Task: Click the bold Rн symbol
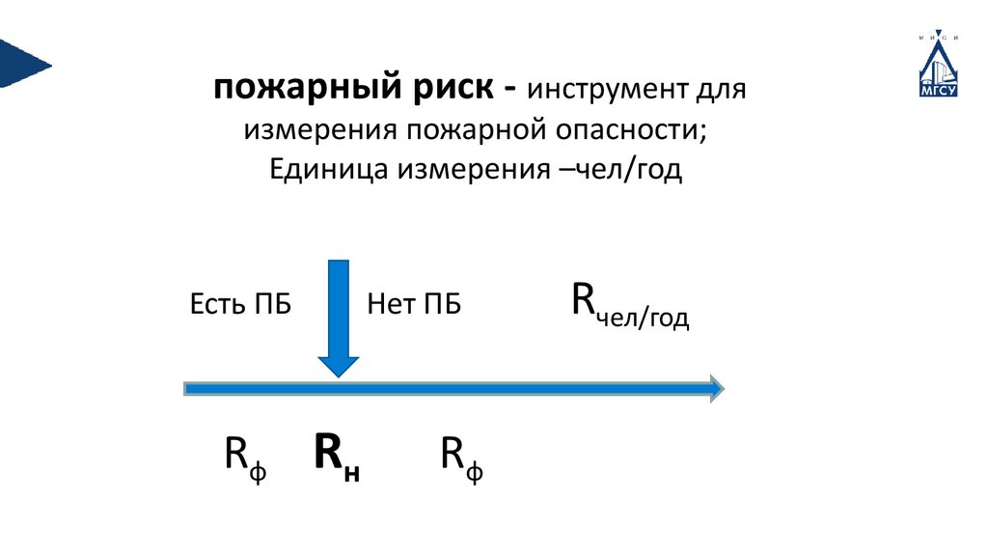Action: [337, 456]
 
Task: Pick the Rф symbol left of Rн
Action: [245, 456]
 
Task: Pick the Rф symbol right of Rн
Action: [461, 456]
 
